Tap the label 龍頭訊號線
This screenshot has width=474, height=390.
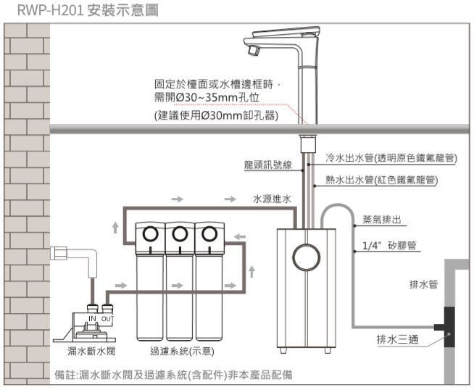coord(267,165)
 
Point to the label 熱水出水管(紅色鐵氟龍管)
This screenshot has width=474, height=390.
coord(381,179)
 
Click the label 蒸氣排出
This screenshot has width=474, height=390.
coord(382,219)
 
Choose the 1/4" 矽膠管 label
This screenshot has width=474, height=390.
coord(388,246)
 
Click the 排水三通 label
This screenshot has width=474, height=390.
coord(396,339)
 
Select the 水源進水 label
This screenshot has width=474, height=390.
coord(272,198)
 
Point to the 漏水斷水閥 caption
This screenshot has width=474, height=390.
coord(86,352)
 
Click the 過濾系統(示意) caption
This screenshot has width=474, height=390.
coord(180,352)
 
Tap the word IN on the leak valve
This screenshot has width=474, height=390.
coord(92,319)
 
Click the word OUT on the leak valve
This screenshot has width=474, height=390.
coord(107,319)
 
